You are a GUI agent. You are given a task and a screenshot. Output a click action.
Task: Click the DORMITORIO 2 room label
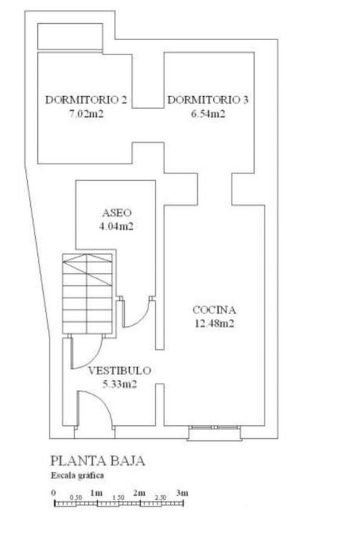[x=85, y=100]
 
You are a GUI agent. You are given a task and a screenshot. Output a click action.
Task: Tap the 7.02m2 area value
[x=86, y=114]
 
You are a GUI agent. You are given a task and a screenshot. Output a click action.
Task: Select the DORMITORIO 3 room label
[x=208, y=100]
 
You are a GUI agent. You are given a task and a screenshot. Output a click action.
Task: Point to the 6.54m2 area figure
[x=208, y=114]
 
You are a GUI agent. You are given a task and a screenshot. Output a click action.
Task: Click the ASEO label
[x=117, y=213]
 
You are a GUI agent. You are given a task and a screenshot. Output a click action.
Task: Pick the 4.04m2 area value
[x=116, y=226]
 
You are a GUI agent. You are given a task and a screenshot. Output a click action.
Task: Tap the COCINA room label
[x=214, y=310]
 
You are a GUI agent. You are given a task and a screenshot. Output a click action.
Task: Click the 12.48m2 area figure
[x=214, y=323]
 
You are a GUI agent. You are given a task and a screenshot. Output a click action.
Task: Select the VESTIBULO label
[x=119, y=371]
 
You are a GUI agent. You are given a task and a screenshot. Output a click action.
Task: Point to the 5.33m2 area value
[x=120, y=384]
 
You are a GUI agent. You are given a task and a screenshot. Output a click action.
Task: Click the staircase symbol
[x=87, y=293]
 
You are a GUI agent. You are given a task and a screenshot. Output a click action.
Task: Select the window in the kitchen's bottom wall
[x=214, y=432]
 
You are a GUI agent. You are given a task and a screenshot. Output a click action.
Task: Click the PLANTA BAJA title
[x=98, y=461]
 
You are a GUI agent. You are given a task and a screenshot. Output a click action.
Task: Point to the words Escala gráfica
[x=77, y=475]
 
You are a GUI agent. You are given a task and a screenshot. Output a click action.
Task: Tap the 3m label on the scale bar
[x=182, y=493]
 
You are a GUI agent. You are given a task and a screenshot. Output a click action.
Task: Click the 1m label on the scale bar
[x=97, y=493]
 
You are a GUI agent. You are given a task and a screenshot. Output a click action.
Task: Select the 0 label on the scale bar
[x=54, y=493]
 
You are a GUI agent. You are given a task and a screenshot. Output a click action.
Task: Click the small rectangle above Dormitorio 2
[x=70, y=37]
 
